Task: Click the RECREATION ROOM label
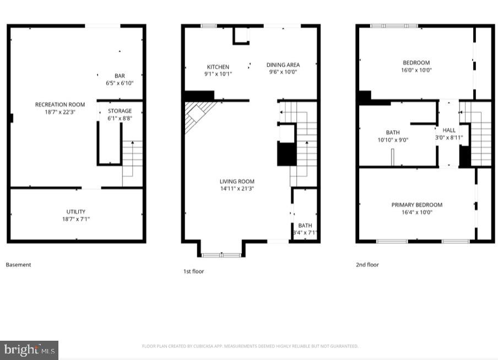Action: [59, 104]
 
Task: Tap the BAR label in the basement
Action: [120, 76]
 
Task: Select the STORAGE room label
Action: [120, 111]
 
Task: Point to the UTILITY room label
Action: [76, 212]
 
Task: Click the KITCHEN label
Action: [218, 67]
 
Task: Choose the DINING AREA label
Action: [283, 65]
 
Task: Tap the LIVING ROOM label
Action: [237, 181]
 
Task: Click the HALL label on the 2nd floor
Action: [449, 130]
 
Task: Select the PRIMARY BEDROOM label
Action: [416, 205]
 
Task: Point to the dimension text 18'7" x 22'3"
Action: [59, 111]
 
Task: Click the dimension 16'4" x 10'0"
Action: [416, 212]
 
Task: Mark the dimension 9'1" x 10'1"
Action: [218, 74]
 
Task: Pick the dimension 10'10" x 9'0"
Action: [393, 139]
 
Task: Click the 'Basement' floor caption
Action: [18, 265]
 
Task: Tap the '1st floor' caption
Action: [193, 271]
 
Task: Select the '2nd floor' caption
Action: [367, 265]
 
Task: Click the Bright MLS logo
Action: [29, 350]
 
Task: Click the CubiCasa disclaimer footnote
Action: [250, 346]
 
